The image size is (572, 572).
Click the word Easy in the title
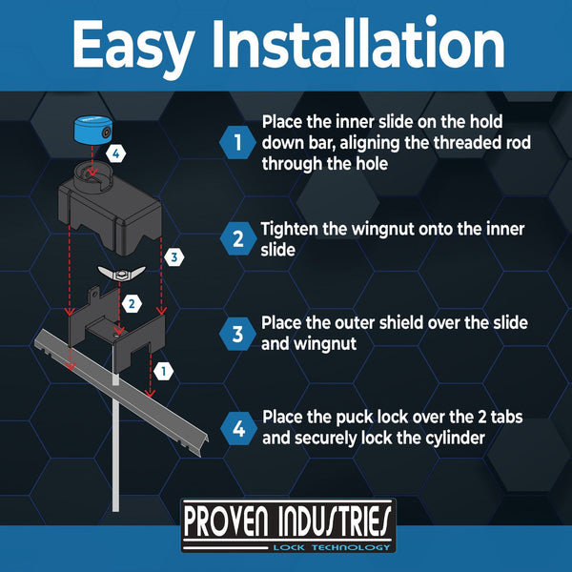(133, 47)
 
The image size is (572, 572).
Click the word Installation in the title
(358, 44)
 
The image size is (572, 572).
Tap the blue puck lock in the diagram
(93, 131)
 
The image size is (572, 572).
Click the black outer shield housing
(110, 208)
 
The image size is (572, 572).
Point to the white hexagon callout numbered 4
(116, 153)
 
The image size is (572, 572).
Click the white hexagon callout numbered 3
(174, 257)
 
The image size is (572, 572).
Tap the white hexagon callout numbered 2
(132, 303)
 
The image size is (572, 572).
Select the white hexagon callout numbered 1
(163, 372)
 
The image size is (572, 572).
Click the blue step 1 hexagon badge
(237, 142)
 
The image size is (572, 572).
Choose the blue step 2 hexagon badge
(238, 238)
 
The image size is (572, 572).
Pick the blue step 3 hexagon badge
(237, 334)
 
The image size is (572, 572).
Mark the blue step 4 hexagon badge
(238, 429)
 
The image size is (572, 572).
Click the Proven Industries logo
(288, 525)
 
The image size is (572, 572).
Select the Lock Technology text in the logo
(332, 547)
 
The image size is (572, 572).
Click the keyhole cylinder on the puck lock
(106, 133)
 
